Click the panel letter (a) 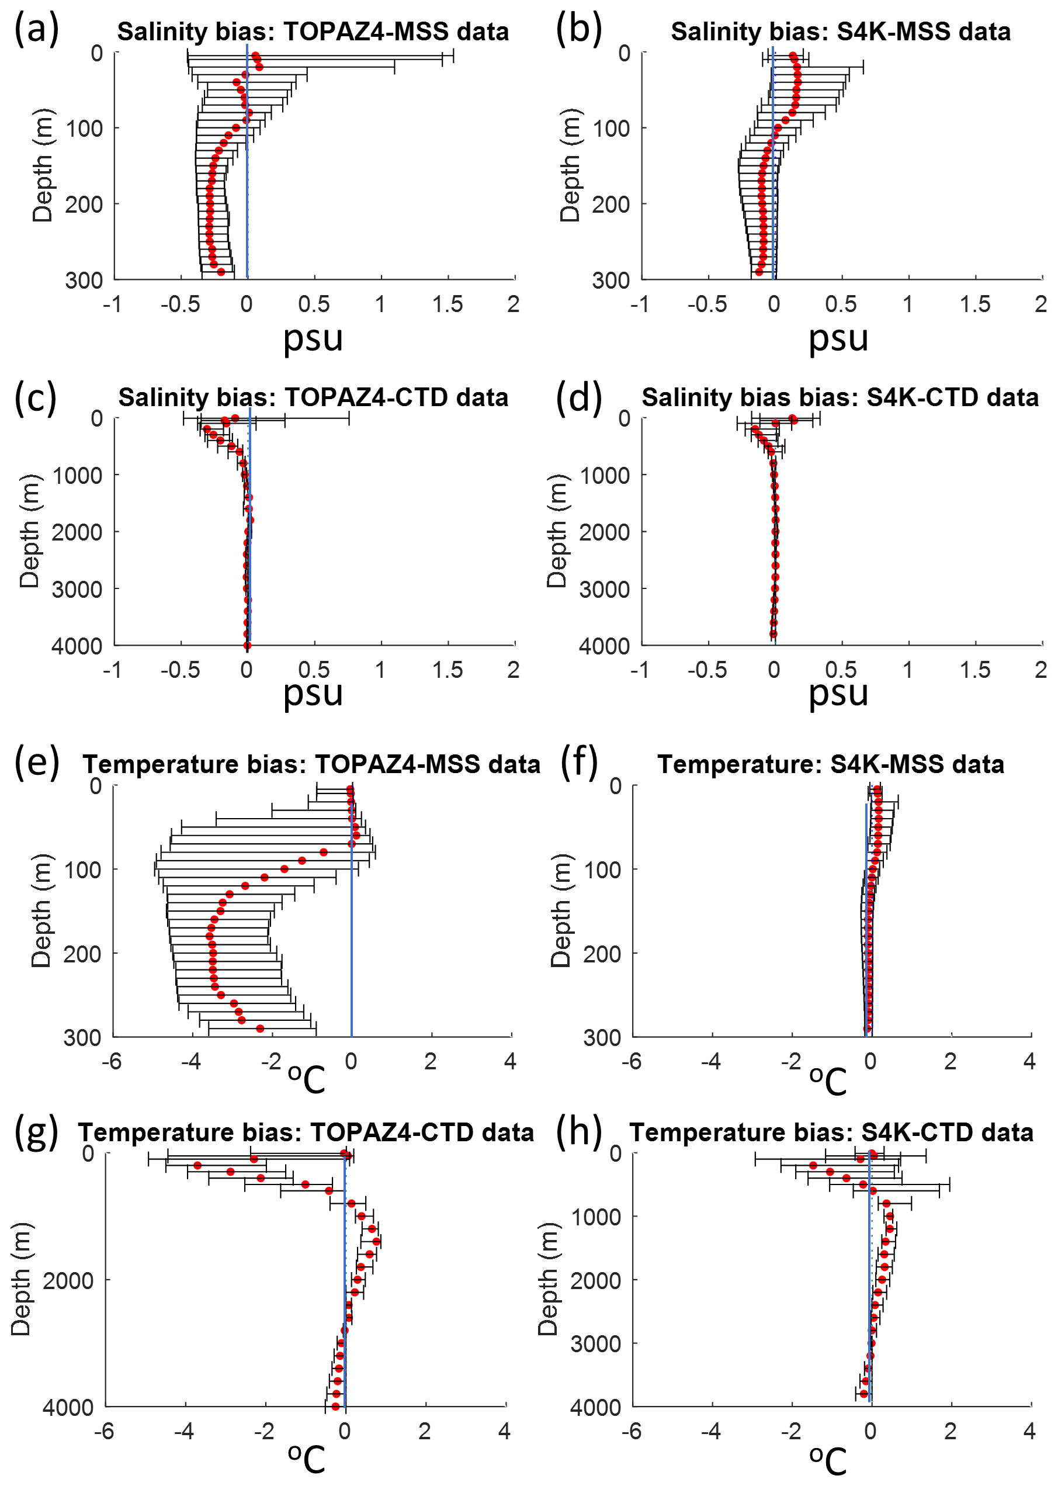point(36,29)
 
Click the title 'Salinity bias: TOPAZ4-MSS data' point(313,32)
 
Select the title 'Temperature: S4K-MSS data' point(831,764)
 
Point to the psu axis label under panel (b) point(838,339)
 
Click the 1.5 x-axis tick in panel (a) point(448,304)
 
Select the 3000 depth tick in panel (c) point(77,589)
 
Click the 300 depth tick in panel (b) point(611,280)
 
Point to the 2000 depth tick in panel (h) point(595,1281)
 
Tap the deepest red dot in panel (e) point(260,1028)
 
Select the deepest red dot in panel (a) point(221,272)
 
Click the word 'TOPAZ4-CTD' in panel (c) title point(366,397)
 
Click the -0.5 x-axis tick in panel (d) point(707,670)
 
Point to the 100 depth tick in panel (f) point(603,870)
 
